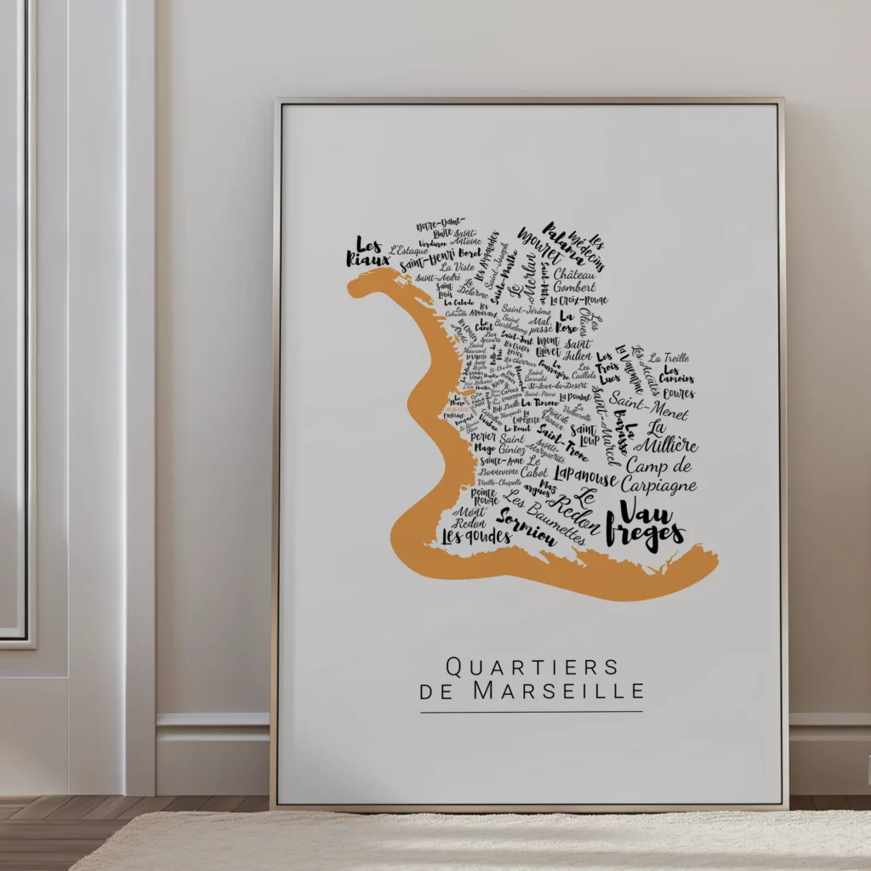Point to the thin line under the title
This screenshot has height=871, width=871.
532,712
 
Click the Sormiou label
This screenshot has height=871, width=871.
526,527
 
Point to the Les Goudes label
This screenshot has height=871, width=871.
476,537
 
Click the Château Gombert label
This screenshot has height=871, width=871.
575,282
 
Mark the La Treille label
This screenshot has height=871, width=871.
669,358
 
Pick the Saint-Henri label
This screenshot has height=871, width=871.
428,259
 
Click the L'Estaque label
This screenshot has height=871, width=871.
409,251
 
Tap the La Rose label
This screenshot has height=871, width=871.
566,322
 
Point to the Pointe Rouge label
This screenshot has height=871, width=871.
484,497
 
